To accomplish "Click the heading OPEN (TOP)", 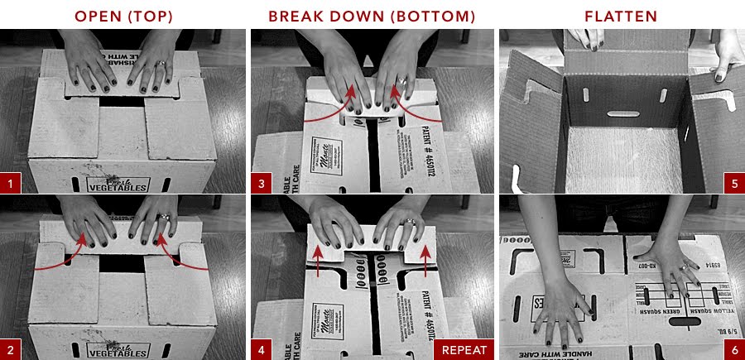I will point(124,16).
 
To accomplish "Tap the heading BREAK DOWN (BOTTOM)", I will point(372,16).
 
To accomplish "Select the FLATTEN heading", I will point(621,16).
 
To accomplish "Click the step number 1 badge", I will point(11,183).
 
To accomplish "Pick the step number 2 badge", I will point(11,349).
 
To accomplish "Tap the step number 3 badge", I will point(262,183).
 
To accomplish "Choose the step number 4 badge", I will point(262,349).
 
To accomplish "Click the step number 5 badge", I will point(733,183).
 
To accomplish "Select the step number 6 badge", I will point(733,349).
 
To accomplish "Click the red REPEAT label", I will point(464,349).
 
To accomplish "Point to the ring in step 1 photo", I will point(162,64).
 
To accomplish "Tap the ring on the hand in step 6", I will point(684,266).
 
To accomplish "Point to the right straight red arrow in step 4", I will point(427,260).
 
